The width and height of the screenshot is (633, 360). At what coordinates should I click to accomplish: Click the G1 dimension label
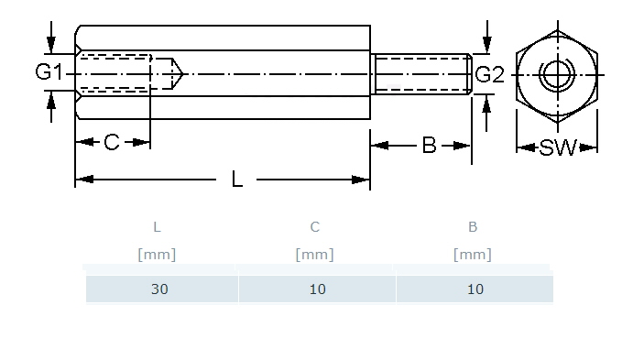pos(49,71)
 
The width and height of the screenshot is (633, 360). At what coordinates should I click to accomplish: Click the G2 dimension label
pos(490,75)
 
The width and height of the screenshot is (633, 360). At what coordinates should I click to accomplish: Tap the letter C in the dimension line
pos(112,142)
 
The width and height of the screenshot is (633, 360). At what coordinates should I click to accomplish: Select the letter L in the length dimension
pos(237,179)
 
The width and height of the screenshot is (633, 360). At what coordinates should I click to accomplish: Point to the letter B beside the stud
pos(429,146)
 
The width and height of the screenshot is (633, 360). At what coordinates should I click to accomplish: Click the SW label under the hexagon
pos(558,147)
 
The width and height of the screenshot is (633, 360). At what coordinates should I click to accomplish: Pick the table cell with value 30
pos(160,289)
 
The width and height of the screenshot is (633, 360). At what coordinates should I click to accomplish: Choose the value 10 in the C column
pos(318,289)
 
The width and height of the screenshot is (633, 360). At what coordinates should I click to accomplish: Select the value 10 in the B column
pos(475,289)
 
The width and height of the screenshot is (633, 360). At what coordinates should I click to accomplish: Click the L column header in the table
pos(157,227)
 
